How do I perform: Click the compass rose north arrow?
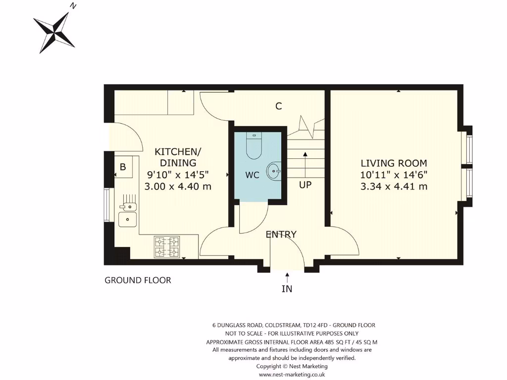click(54, 31)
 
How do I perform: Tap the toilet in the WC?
click(253, 146)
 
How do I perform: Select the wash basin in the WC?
click(273, 172)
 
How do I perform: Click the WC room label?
click(253, 175)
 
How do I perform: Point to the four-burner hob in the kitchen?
click(167, 247)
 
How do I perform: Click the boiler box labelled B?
click(122, 167)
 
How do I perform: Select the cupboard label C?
click(279, 106)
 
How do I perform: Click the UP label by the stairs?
click(305, 185)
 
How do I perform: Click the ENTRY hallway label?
click(281, 235)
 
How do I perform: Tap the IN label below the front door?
click(287, 288)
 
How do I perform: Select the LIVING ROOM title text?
click(394, 163)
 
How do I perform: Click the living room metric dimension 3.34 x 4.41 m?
click(394, 187)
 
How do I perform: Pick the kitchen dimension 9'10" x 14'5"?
click(178, 175)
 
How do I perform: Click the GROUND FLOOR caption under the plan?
click(138, 281)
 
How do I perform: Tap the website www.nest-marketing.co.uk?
click(292, 375)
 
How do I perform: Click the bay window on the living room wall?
click(468, 168)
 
